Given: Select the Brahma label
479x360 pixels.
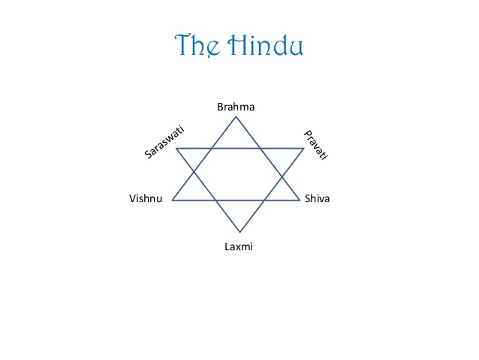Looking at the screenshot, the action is [236, 107].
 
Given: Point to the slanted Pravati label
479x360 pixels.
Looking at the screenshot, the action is [317, 146].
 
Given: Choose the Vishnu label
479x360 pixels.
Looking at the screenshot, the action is [146, 199].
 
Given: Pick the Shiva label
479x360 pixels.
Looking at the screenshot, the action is [318, 199].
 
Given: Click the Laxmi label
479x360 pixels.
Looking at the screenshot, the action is [239, 246].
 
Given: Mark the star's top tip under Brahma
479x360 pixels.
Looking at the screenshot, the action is [236, 116].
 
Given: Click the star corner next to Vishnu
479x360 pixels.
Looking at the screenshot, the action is [173, 200].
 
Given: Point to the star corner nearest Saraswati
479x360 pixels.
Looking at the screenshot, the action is [176, 148].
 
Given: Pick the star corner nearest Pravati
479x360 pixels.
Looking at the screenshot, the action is [304, 148].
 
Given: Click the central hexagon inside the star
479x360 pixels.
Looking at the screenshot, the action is [239, 174].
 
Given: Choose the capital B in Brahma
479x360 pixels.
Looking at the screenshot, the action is [220, 107].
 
